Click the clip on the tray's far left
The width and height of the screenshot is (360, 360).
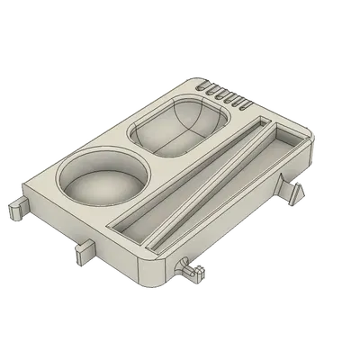tap(17, 209)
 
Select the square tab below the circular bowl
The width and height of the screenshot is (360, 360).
tap(83, 249)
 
